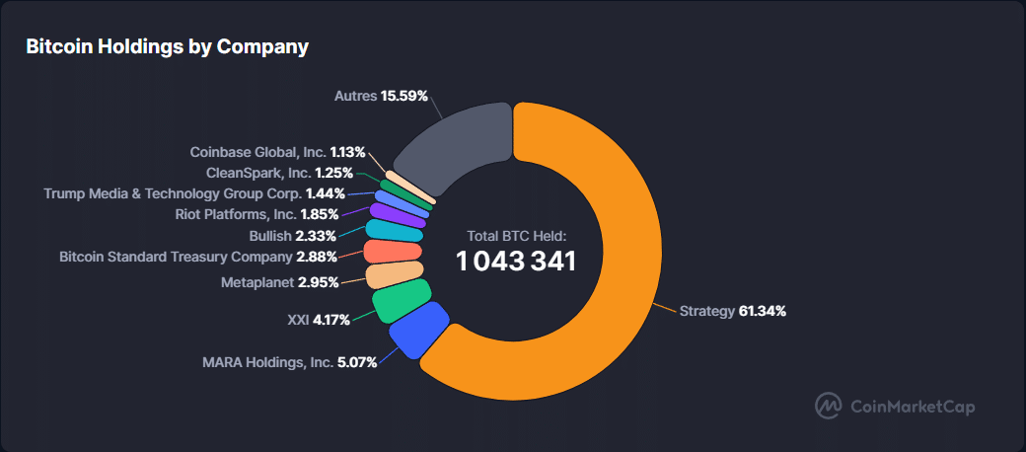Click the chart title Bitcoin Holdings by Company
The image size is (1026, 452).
pos(167,46)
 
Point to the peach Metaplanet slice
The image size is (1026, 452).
pos(395,275)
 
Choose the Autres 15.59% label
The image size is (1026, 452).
pos(381,96)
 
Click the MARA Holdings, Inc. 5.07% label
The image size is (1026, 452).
pos(289,362)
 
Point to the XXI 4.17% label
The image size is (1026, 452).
pos(312,320)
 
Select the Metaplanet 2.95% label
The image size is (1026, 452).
pos(279,282)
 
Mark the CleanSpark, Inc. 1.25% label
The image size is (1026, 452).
pos(279,173)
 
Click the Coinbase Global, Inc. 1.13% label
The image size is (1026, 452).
pos(277,152)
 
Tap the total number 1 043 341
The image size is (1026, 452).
pos(516,261)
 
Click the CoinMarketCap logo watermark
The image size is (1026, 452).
pos(895,406)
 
